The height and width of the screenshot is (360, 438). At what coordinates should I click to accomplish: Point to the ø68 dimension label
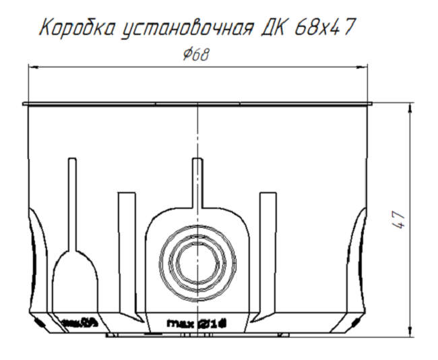pyautogui.click(x=195, y=55)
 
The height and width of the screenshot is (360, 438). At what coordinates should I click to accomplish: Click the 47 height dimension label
pyautogui.click(x=399, y=220)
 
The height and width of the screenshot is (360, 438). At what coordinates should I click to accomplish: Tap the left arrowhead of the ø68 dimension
pyautogui.click(x=33, y=66)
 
